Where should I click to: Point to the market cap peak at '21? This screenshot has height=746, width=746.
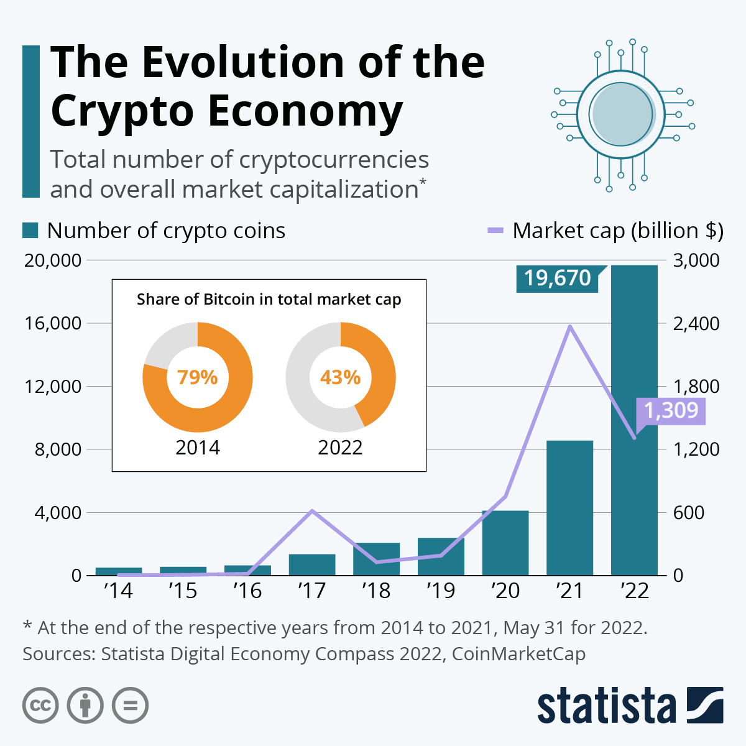569,326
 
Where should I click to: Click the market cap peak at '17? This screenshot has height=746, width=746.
312,510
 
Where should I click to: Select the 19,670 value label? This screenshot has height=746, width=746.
557,278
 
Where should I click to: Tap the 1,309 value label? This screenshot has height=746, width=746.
671,410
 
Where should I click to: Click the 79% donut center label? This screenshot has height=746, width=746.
198,377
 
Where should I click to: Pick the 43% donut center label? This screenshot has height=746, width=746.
340,377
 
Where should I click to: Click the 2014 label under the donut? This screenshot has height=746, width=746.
198,448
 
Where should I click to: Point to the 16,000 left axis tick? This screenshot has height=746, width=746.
53,323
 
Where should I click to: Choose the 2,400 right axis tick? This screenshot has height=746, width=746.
696,323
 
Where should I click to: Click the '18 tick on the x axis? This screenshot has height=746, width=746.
376,591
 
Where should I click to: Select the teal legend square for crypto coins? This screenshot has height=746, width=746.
30,231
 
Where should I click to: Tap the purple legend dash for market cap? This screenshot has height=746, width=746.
495,231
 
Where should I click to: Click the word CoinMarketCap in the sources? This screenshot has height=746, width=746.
518,654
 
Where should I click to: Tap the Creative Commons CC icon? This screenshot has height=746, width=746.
40,706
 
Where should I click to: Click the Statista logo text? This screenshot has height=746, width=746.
606,706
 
